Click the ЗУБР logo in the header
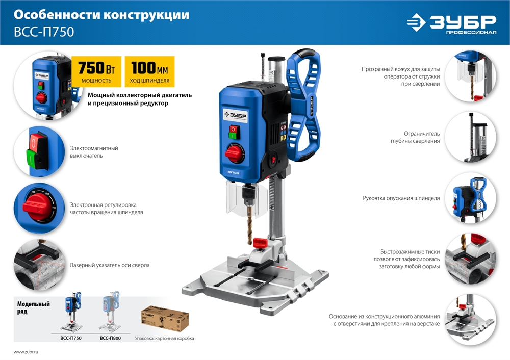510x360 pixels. [451, 23]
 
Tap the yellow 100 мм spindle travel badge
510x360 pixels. [149, 71]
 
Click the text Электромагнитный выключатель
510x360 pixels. [94, 152]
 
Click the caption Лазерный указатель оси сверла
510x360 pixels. [110, 265]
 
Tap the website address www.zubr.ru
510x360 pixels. [26, 352]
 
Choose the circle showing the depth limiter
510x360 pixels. [470, 137]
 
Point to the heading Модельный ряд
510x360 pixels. [34, 307]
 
